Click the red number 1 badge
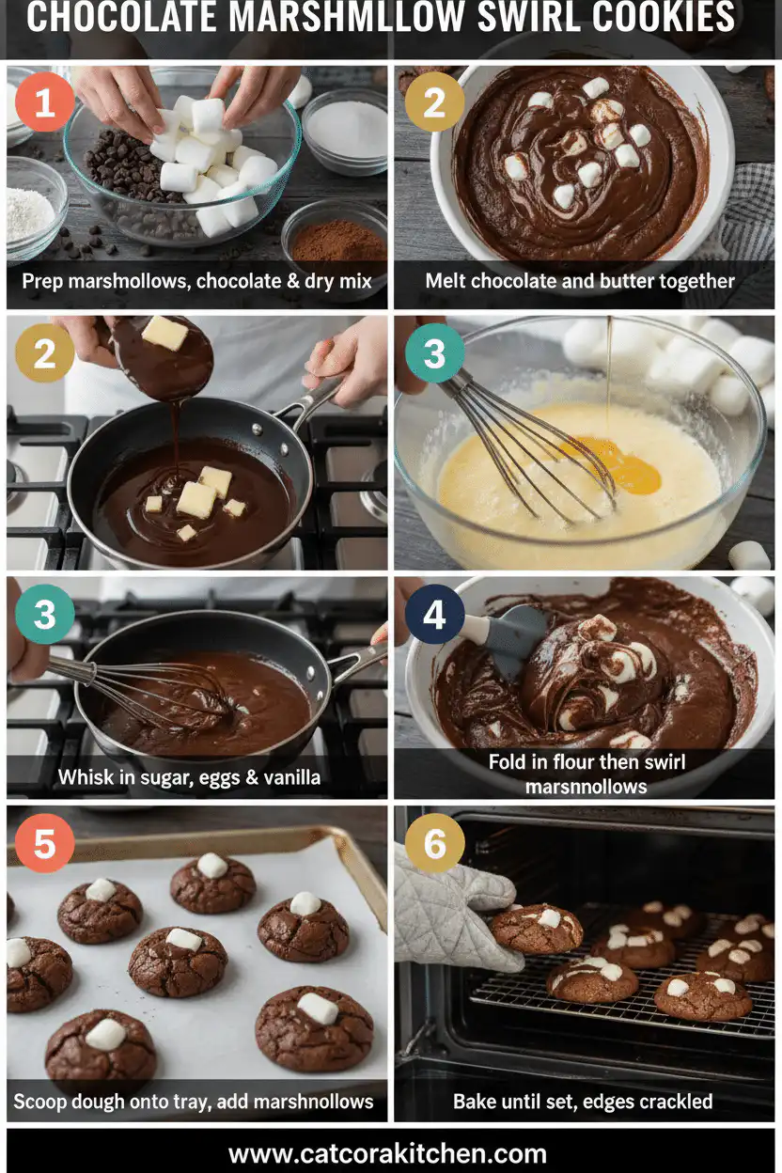[44, 102]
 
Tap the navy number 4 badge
[434, 615]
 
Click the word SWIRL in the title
[527, 17]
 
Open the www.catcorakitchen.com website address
[387, 1153]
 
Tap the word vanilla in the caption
[291, 777]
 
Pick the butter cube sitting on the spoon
[164, 333]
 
